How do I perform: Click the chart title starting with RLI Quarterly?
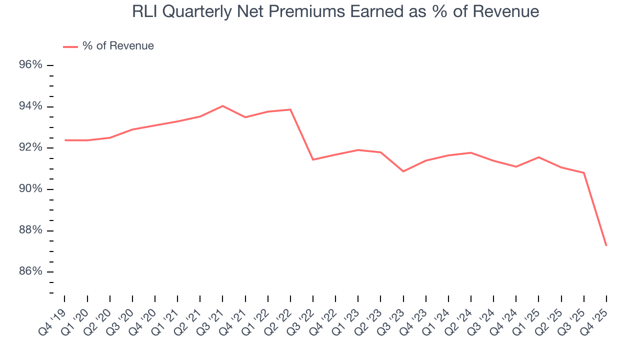tap(335, 11)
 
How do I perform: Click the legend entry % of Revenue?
tap(118, 46)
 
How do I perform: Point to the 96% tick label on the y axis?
tap(31, 65)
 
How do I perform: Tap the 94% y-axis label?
tap(31, 106)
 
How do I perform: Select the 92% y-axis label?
tap(31, 148)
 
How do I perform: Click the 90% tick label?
tap(31, 189)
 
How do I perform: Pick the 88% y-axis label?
tap(31, 230)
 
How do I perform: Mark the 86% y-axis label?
tap(31, 271)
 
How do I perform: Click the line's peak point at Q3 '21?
tap(222, 106)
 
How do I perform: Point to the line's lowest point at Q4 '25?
tap(606, 245)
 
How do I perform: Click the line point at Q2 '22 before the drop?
tap(290, 109)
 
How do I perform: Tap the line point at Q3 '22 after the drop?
tap(313, 159)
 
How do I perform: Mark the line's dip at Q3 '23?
tap(403, 171)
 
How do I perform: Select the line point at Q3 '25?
tap(584, 172)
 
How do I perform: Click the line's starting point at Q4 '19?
tap(65, 140)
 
